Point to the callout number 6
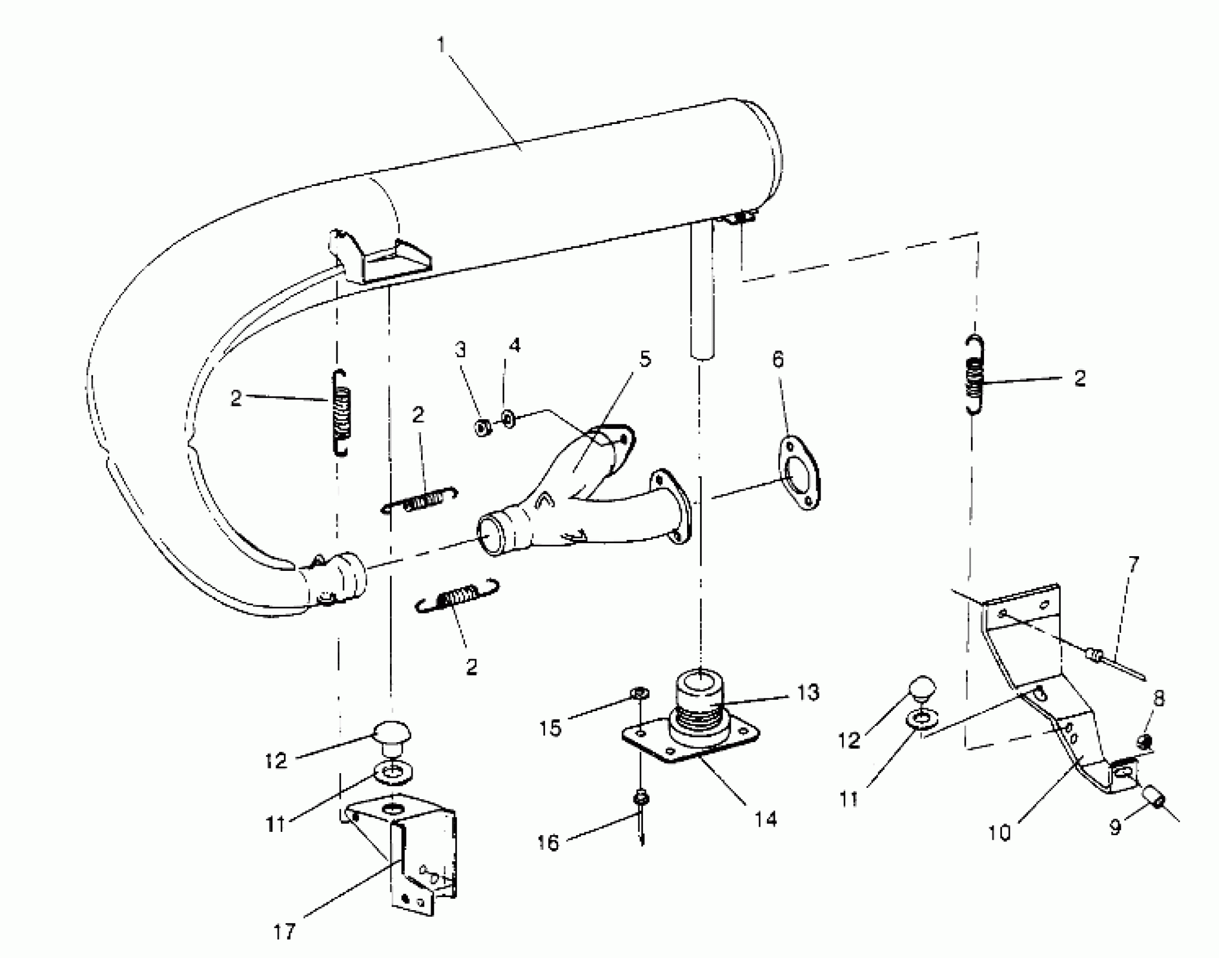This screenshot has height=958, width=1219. pyautogui.click(x=778, y=359)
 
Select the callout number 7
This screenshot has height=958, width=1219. pyautogui.click(x=1133, y=564)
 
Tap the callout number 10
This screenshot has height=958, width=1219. pyautogui.click(x=999, y=832)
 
